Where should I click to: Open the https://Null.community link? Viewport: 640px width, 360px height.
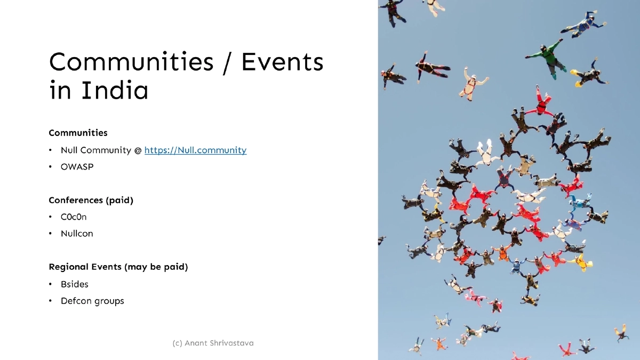tap(195, 150)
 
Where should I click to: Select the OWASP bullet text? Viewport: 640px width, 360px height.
tap(77, 167)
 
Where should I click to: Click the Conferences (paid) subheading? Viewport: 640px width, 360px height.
tap(91, 201)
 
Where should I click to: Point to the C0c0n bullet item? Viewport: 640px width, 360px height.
tap(74, 217)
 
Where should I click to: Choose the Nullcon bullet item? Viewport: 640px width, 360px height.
tap(77, 234)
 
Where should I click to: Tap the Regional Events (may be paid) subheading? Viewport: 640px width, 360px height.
tap(118, 267)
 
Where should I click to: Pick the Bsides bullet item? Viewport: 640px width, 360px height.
tap(75, 284)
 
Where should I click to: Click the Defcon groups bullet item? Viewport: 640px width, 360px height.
tap(92, 301)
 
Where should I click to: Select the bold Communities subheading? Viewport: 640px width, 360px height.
tap(78, 133)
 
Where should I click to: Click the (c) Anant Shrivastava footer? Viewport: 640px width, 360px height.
tap(213, 343)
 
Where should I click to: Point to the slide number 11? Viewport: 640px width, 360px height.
tap(587, 343)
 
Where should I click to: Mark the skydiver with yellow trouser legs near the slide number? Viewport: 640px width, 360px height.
tap(620, 332)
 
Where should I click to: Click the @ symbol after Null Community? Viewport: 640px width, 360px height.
tap(138, 151)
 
